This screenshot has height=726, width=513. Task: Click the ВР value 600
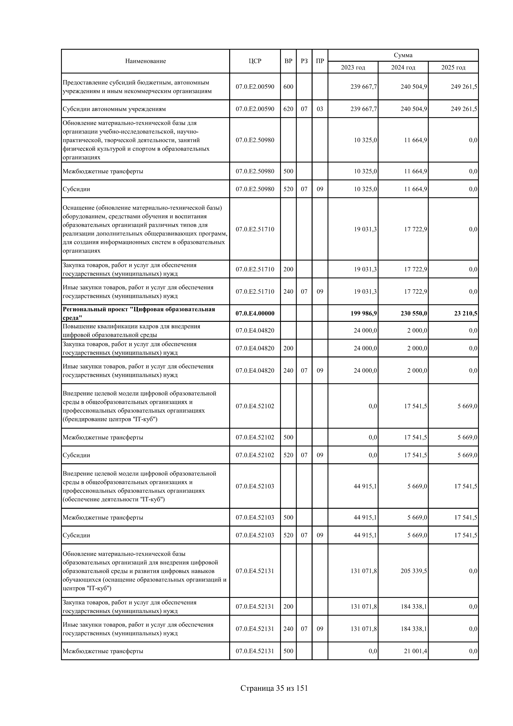tap(288, 87)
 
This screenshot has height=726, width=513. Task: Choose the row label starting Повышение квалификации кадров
tap(131, 330)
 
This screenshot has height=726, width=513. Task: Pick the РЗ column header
tap(304, 61)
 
